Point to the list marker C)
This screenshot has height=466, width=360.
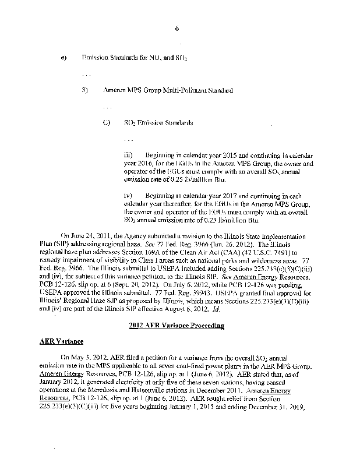pos(106,123)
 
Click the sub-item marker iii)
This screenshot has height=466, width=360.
pos(129,156)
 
